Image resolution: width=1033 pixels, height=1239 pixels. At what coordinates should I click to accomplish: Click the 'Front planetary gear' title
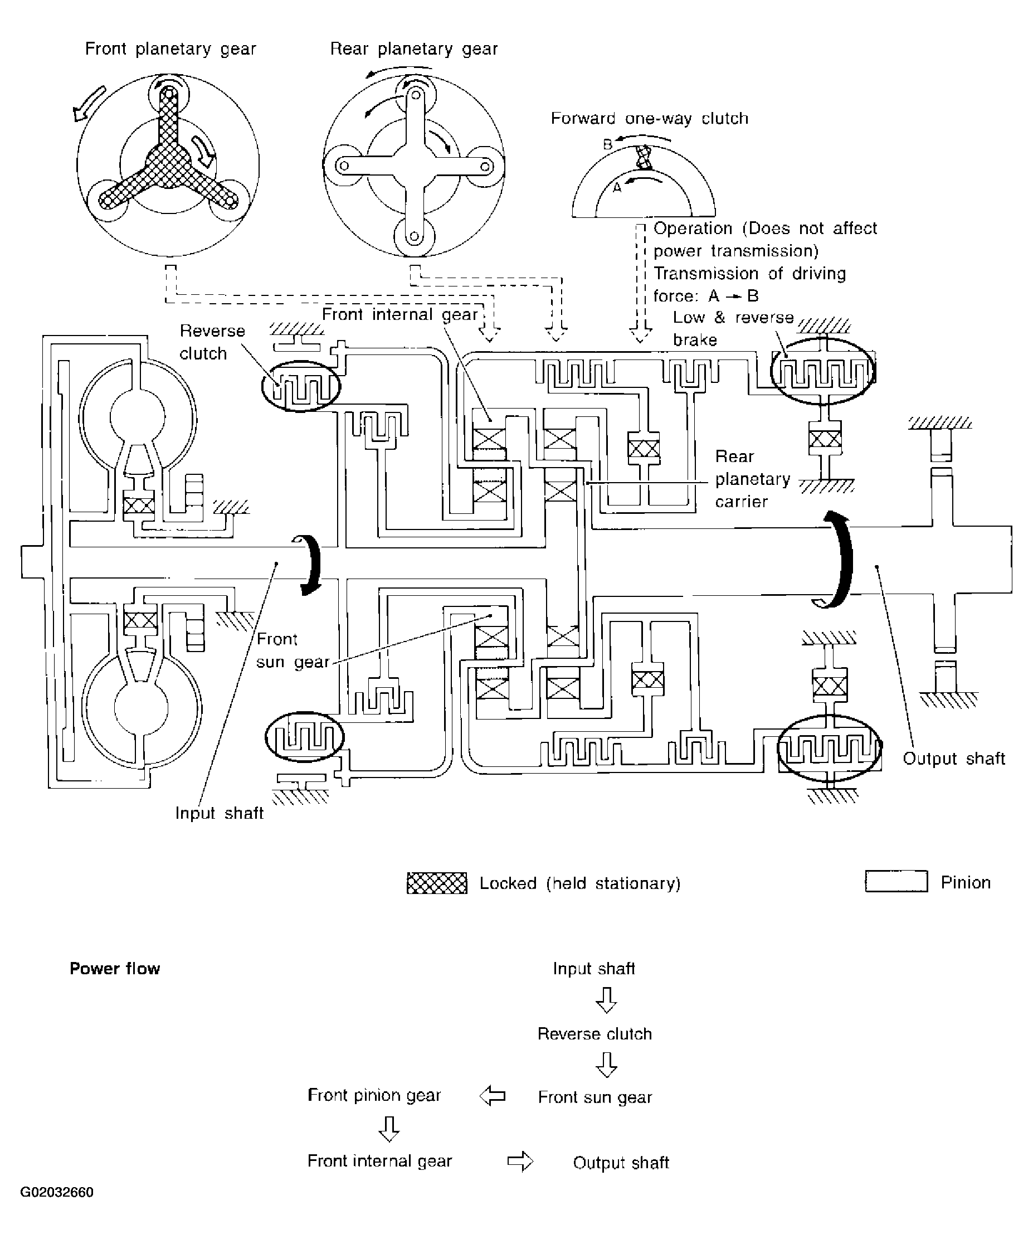pos(170,49)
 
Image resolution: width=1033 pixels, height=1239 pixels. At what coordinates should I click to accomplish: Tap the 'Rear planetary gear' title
pos(413,49)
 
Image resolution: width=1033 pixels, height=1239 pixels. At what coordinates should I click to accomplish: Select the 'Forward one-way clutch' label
pos(650,119)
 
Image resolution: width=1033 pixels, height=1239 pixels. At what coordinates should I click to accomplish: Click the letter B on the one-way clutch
pos(608,144)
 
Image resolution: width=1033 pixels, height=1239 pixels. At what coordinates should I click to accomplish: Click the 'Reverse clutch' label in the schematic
pos(212,342)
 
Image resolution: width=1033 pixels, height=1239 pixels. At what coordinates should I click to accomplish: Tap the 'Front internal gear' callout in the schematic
pos(399,314)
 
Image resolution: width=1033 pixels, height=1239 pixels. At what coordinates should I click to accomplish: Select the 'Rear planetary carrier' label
pos(753,479)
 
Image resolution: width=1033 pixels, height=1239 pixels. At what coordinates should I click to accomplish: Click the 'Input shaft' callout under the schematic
pos(219,813)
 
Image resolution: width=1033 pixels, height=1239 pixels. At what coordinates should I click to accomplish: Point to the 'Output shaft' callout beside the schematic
pos(954,758)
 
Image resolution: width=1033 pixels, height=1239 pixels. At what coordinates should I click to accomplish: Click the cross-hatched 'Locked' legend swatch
pos(437,883)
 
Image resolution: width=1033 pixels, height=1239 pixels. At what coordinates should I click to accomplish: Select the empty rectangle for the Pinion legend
pos(896,882)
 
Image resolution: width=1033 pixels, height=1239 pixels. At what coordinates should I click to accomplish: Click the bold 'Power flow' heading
pos(114,969)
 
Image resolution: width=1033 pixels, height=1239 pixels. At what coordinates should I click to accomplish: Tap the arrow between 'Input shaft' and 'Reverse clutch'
pos(606,1000)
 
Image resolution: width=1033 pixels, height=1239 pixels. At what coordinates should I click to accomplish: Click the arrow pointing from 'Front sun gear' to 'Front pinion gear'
pos(493,1096)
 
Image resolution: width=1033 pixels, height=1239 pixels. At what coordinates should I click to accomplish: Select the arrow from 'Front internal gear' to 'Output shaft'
pos(520,1162)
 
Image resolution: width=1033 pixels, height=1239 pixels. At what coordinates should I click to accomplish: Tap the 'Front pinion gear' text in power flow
pos(374,1096)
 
